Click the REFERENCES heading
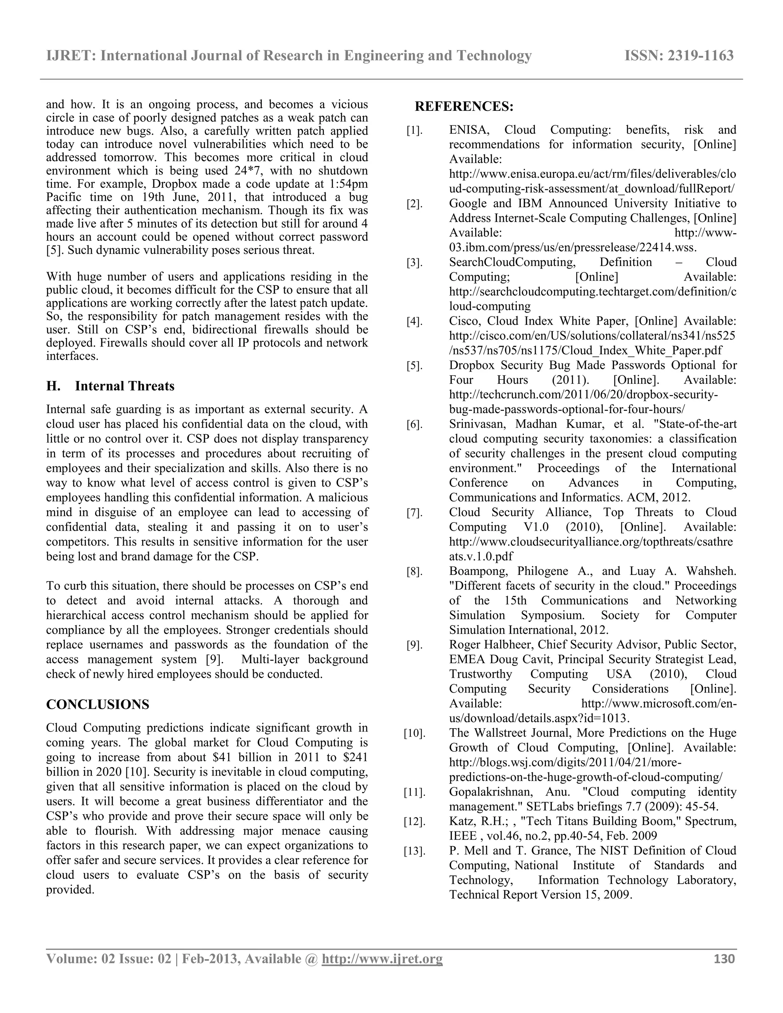point(464,107)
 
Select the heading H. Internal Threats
point(110,386)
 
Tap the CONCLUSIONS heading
point(97,705)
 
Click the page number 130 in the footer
point(724,959)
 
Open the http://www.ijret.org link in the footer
point(382,959)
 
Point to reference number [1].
point(414,131)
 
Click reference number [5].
point(414,366)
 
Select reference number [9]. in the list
point(414,646)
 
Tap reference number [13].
point(414,852)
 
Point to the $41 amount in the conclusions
point(222,757)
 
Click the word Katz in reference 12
point(461,821)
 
